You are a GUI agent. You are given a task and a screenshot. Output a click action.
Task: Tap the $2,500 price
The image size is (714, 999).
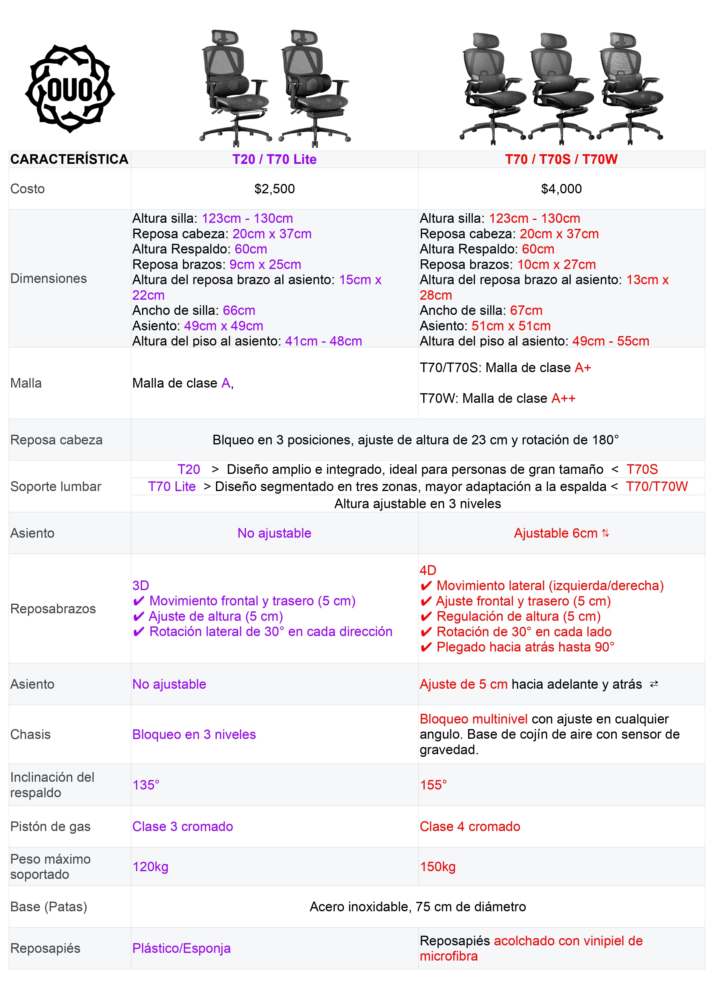[274, 189]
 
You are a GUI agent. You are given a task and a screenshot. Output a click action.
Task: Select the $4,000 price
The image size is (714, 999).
[561, 189]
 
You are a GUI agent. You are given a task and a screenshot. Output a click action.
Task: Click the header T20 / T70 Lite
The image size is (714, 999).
[274, 159]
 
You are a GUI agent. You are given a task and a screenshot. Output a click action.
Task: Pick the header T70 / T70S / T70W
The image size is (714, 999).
[561, 159]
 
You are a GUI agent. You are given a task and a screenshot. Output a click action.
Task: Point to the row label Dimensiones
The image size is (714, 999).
[48, 279]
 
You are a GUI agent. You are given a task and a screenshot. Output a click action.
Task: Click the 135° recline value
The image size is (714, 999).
[146, 785]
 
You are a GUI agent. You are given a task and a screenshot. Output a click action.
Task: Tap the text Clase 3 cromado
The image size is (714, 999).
[183, 826]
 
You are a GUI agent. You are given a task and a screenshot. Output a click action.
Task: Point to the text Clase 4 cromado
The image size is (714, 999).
[470, 826]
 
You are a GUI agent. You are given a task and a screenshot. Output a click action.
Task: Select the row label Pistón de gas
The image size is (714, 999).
[50, 826]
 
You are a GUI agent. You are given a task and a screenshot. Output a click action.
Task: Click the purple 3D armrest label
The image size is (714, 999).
[141, 586]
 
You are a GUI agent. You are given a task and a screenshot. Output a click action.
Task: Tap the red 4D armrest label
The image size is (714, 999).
[428, 570]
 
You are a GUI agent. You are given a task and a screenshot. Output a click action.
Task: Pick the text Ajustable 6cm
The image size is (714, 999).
[555, 533]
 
